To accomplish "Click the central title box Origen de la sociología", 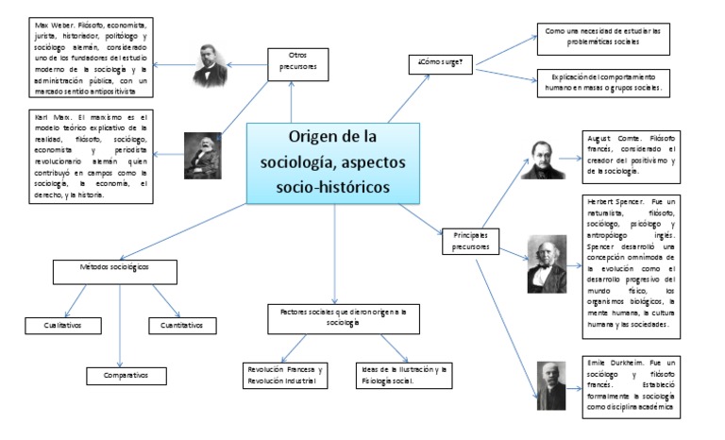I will click(x=333, y=162).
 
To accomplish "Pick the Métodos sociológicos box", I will click(x=115, y=268).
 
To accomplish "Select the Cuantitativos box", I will click(x=182, y=325).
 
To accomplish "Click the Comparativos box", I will click(x=120, y=375).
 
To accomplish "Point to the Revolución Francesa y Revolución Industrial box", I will click(x=285, y=375).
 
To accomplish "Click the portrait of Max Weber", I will click(x=211, y=64).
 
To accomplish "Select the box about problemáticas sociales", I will click(x=601, y=37).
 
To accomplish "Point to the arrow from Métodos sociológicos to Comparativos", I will click(x=120, y=321).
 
